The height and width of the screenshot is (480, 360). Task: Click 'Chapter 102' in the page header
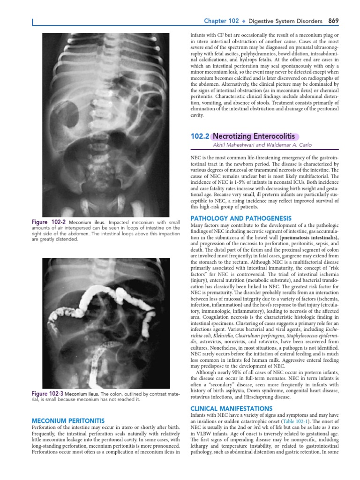221,21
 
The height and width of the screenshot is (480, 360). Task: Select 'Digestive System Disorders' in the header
285,21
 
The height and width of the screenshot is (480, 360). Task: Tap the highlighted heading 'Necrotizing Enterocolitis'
255,136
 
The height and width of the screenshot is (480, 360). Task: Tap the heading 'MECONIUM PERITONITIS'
67,421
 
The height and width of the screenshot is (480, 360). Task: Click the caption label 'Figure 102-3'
47,393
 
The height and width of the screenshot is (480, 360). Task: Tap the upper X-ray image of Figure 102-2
105,124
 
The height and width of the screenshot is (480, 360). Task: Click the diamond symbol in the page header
244,22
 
